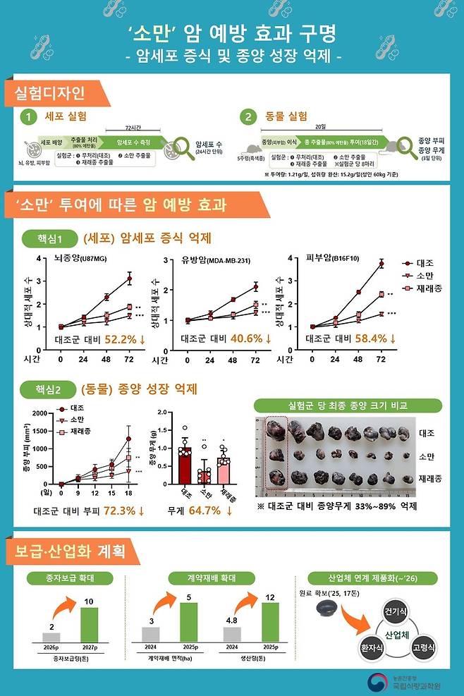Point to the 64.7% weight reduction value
point(204,510)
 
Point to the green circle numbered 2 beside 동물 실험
point(248,117)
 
